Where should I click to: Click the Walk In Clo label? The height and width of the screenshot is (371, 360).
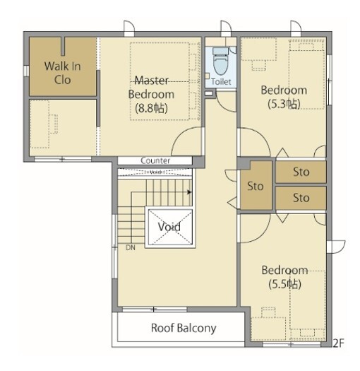point(62,73)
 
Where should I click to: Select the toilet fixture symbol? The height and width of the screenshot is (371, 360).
point(220,60)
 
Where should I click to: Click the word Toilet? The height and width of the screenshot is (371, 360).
point(221,82)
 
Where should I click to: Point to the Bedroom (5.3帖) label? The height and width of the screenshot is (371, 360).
point(284,97)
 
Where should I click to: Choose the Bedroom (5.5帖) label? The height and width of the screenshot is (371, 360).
point(284,277)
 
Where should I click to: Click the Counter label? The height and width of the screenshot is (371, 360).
point(155,160)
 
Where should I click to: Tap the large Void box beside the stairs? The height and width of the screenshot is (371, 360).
point(170,227)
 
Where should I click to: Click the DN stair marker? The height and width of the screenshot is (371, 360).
point(131,248)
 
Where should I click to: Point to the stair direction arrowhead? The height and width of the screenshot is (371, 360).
point(190,192)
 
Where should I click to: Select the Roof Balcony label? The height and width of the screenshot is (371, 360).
point(184,328)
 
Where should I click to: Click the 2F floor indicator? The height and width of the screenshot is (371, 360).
point(339,343)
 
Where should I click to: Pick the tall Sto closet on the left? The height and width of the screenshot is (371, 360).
point(256,185)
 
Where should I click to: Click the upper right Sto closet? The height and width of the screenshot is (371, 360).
point(301,172)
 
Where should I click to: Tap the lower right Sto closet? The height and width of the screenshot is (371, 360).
point(301,198)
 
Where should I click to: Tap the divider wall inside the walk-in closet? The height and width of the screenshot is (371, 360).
point(63,46)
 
